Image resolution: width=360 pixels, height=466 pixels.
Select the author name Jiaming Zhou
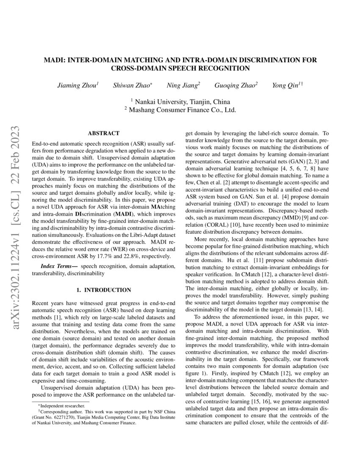click(x=78, y=85)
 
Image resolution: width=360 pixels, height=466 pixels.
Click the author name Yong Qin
click(x=286, y=85)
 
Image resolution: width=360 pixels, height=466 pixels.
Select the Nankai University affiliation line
click(x=180, y=102)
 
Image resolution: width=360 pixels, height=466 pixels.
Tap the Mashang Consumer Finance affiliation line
click(x=180, y=110)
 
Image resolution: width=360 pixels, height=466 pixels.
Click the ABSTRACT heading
click(x=103, y=133)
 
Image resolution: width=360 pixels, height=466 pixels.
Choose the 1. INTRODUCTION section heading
click(x=103, y=290)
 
